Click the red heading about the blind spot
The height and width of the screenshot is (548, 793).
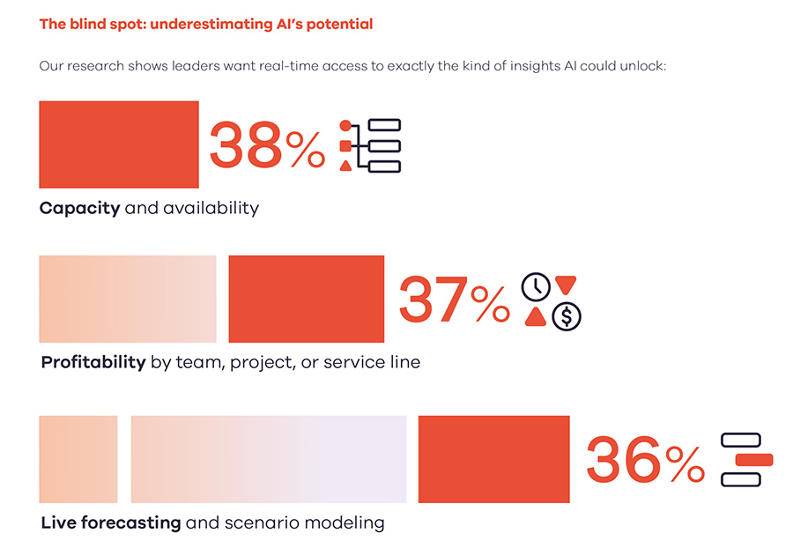click(206, 24)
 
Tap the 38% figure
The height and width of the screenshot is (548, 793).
click(266, 145)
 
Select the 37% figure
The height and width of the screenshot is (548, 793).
click(454, 300)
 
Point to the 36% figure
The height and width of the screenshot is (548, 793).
click(644, 460)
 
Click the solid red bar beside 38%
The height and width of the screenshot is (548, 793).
click(119, 144)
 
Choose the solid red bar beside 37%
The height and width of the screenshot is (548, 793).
click(306, 299)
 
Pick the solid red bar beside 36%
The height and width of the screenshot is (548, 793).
click(493, 459)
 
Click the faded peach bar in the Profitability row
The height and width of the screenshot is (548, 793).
click(128, 299)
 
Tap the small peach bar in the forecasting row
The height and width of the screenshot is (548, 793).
click(78, 459)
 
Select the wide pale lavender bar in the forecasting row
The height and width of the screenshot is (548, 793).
click(269, 459)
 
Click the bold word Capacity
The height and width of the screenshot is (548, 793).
click(79, 209)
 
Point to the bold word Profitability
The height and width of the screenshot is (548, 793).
click(93, 362)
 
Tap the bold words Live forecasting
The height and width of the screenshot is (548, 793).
click(111, 522)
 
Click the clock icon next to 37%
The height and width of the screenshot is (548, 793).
click(536, 286)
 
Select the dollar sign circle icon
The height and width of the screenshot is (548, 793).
click(567, 315)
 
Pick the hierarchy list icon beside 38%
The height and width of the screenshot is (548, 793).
click(370, 145)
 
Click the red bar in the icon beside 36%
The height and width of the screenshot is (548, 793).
click(753, 459)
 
